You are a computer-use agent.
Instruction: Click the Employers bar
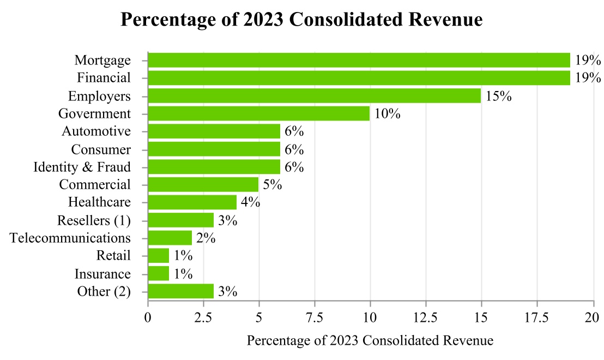tap(314, 96)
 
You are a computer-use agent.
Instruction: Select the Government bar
tap(258, 113)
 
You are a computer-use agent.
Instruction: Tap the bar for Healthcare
tap(192, 202)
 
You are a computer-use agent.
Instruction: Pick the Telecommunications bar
tap(170, 238)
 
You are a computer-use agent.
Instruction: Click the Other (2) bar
tap(180, 291)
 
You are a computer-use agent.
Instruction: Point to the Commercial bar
tap(203, 184)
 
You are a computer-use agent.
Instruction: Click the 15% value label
tap(498, 97)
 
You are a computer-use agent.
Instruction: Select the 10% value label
tap(387, 114)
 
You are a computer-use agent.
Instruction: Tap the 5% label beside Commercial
tap(272, 185)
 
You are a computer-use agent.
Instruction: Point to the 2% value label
tap(206, 238)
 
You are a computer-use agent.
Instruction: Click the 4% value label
tap(250, 203)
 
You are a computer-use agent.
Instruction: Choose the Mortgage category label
tap(102, 60)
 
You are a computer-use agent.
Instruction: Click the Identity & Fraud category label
tap(82, 167)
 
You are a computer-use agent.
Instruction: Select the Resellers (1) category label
tap(94, 220)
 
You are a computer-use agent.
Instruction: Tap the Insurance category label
tap(102, 274)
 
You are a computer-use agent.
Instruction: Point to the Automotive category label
tap(96, 131)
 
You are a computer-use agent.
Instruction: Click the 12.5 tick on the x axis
tap(426, 317)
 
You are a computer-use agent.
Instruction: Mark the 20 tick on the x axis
tap(593, 317)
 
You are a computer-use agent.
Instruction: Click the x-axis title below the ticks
tap(370, 341)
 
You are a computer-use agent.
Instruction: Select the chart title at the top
tap(301, 20)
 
